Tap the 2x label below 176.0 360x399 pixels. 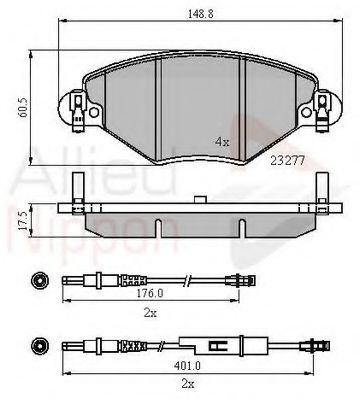point(150,312)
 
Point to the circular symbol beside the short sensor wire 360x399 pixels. point(39,280)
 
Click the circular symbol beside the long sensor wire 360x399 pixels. point(39,346)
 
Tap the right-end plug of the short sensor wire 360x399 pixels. point(239,279)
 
